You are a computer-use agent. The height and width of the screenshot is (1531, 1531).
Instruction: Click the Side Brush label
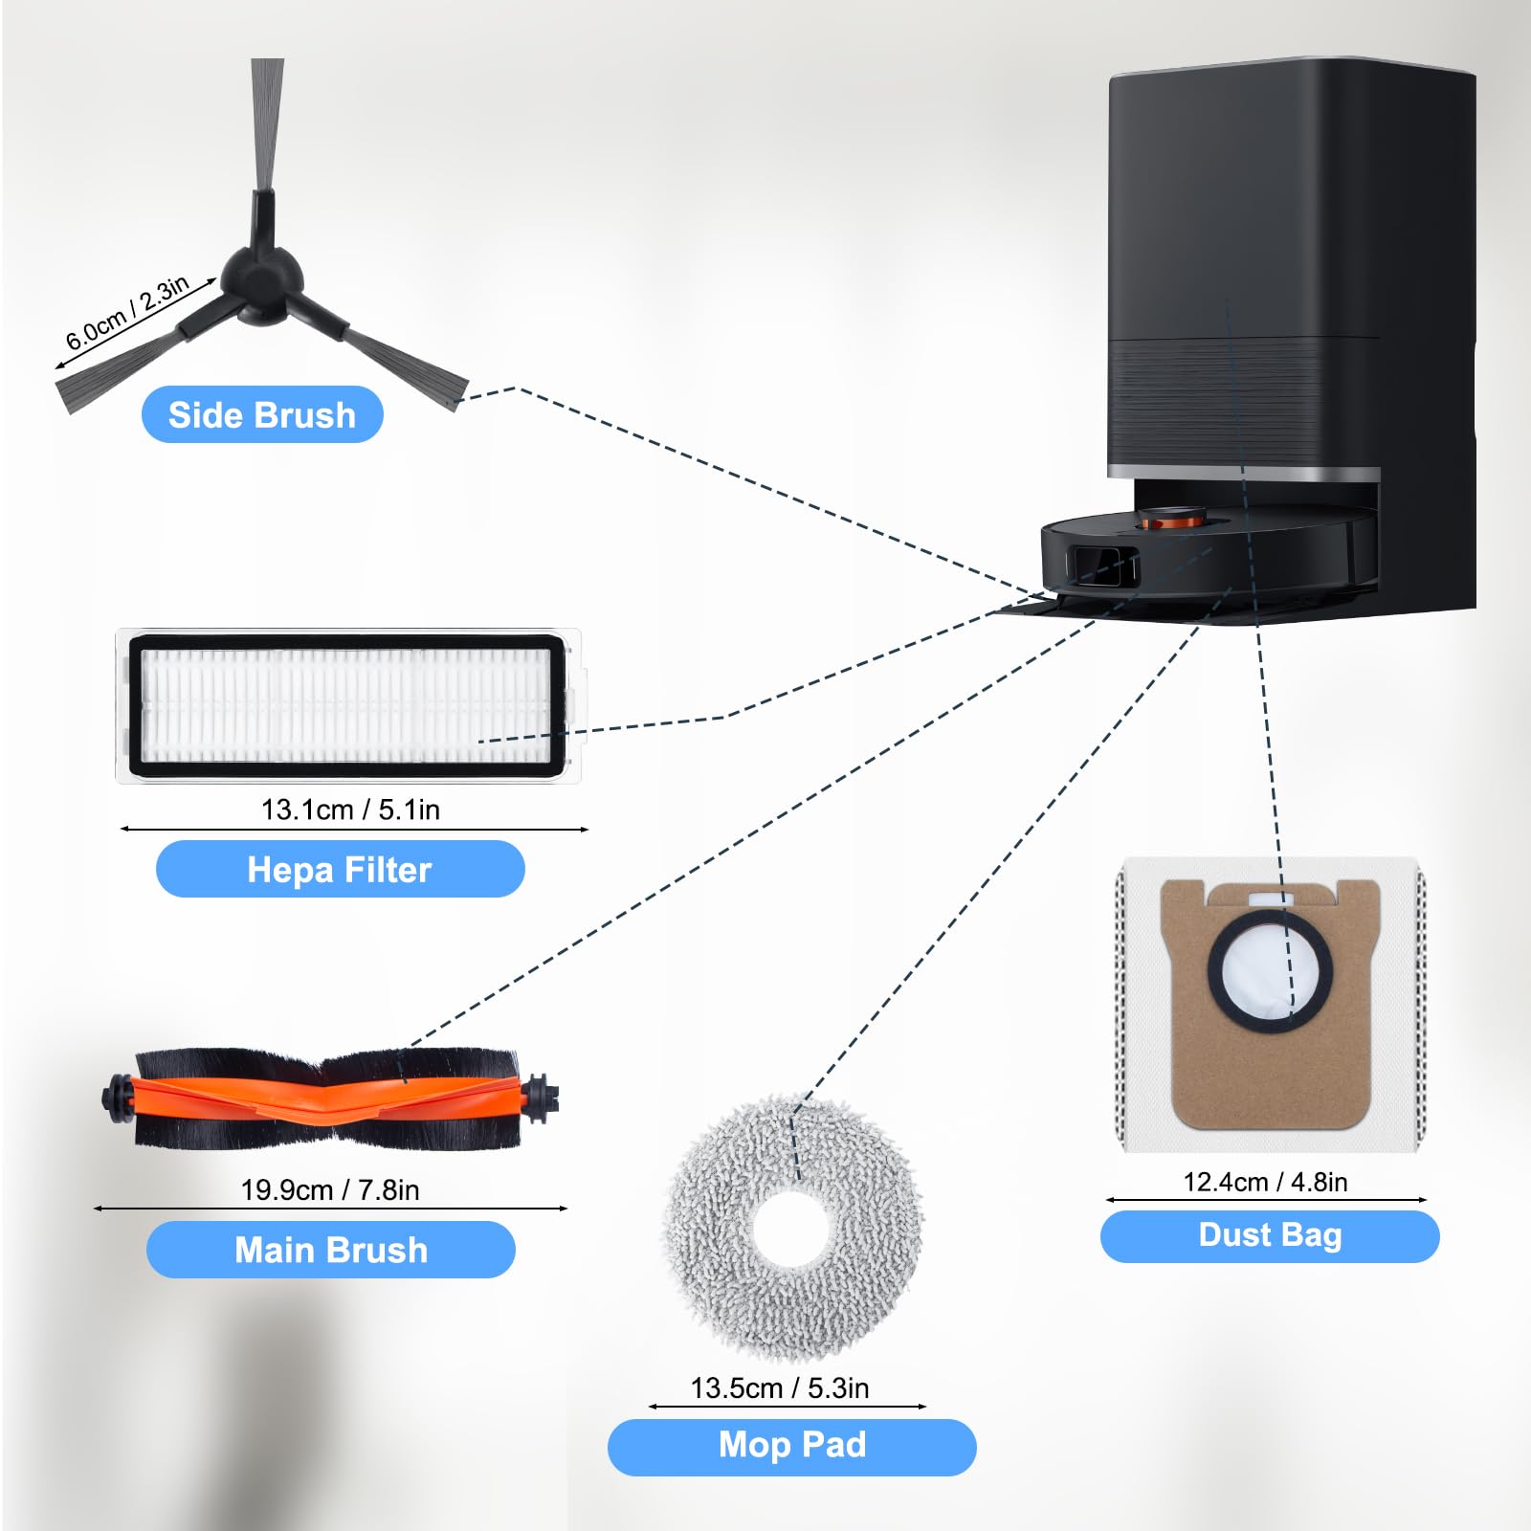tap(262, 414)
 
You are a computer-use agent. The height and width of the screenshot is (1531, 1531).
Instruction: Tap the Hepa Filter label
tap(340, 869)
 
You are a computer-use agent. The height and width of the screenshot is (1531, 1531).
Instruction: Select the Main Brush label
tap(331, 1250)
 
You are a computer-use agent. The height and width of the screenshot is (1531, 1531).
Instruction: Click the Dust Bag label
tap(1270, 1235)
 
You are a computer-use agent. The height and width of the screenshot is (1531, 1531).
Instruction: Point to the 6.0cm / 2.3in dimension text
tap(127, 313)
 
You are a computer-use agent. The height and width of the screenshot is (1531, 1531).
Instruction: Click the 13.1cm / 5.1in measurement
tap(350, 810)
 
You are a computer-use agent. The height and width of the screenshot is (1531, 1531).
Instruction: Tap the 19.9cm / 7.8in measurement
tap(330, 1189)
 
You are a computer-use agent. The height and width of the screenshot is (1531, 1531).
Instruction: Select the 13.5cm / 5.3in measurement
tap(780, 1387)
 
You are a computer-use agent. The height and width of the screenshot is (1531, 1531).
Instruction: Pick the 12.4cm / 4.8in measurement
tap(1265, 1182)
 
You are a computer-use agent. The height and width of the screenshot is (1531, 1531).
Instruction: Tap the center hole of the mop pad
tap(793, 1229)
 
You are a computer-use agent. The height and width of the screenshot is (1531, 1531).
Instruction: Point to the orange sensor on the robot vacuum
tap(1173, 521)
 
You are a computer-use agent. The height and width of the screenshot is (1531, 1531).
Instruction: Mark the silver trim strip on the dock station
tap(1244, 473)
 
